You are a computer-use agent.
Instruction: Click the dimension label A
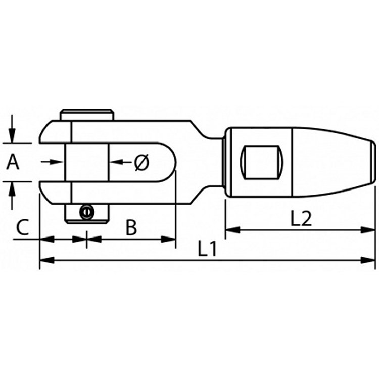pos(14,162)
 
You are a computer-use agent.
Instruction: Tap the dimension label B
pos(131,228)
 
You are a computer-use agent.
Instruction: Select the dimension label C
pos(22,228)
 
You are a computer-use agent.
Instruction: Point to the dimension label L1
pos(207,249)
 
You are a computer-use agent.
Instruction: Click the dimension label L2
pos(301,219)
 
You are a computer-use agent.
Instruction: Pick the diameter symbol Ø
pos(142,162)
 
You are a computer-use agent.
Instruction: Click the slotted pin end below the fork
pos(87,213)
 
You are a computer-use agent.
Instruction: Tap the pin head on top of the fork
pos(87,114)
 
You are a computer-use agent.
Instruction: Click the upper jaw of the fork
pos(56,132)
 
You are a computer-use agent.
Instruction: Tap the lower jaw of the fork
pos(56,193)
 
